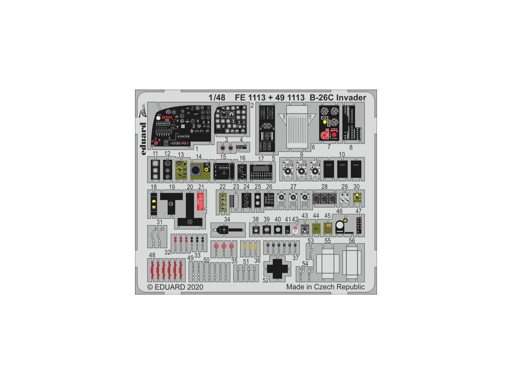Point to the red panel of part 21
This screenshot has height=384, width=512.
point(201,201)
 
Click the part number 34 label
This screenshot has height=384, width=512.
point(227,219)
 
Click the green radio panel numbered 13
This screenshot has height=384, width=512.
point(181,170)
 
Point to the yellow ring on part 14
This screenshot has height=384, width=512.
point(205,169)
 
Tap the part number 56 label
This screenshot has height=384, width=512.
point(351,240)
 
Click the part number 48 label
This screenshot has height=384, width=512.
point(151,255)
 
